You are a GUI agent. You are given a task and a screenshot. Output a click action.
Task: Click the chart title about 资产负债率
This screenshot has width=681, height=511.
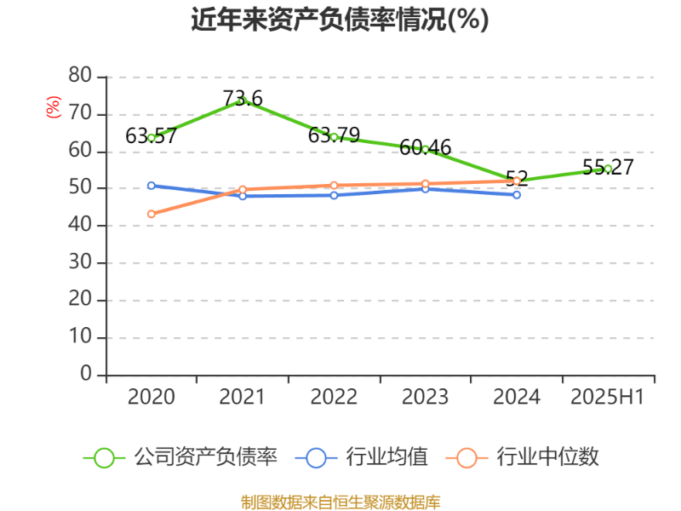tap(340, 20)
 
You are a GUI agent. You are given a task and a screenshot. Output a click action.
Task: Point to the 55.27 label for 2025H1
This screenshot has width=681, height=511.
tap(608, 167)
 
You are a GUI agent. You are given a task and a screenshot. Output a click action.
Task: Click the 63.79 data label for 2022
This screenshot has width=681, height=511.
tap(334, 135)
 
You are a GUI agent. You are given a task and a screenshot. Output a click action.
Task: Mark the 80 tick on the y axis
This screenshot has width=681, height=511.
tap(80, 76)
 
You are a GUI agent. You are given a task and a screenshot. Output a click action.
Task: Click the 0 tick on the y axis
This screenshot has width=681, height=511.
tap(86, 375)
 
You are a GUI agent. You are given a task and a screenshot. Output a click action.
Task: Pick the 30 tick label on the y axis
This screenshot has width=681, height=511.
tap(80, 263)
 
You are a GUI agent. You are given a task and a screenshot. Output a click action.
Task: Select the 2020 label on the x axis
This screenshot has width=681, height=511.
tap(151, 398)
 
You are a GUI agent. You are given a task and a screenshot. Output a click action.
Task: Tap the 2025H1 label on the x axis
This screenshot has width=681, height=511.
tap(608, 398)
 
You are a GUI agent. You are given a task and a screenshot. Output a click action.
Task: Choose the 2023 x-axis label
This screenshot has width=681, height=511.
tap(425, 398)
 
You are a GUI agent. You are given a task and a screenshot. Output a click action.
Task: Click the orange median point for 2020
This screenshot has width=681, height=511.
tap(151, 215)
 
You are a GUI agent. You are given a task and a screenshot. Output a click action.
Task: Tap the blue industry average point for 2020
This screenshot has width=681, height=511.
tap(151, 185)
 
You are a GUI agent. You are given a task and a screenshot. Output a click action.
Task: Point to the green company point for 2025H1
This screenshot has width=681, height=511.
tap(608, 169)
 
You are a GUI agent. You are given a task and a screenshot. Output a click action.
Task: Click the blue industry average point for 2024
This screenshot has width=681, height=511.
tap(517, 195)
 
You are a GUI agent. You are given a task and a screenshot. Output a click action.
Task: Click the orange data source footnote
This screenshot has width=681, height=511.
tap(340, 502)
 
